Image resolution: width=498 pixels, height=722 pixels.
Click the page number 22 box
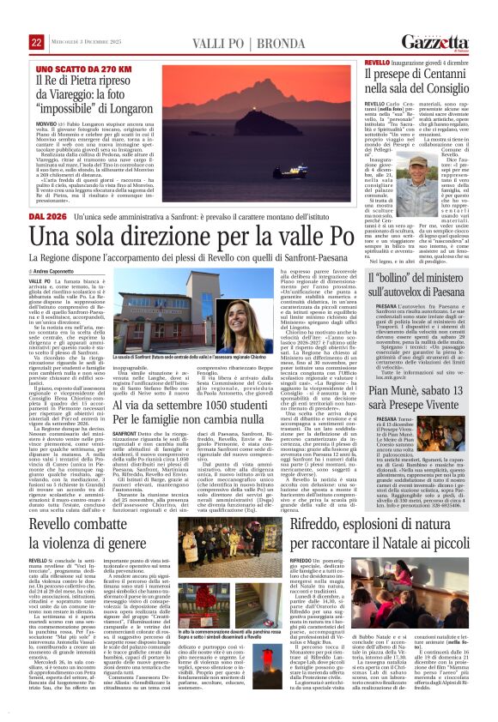(37, 42)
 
